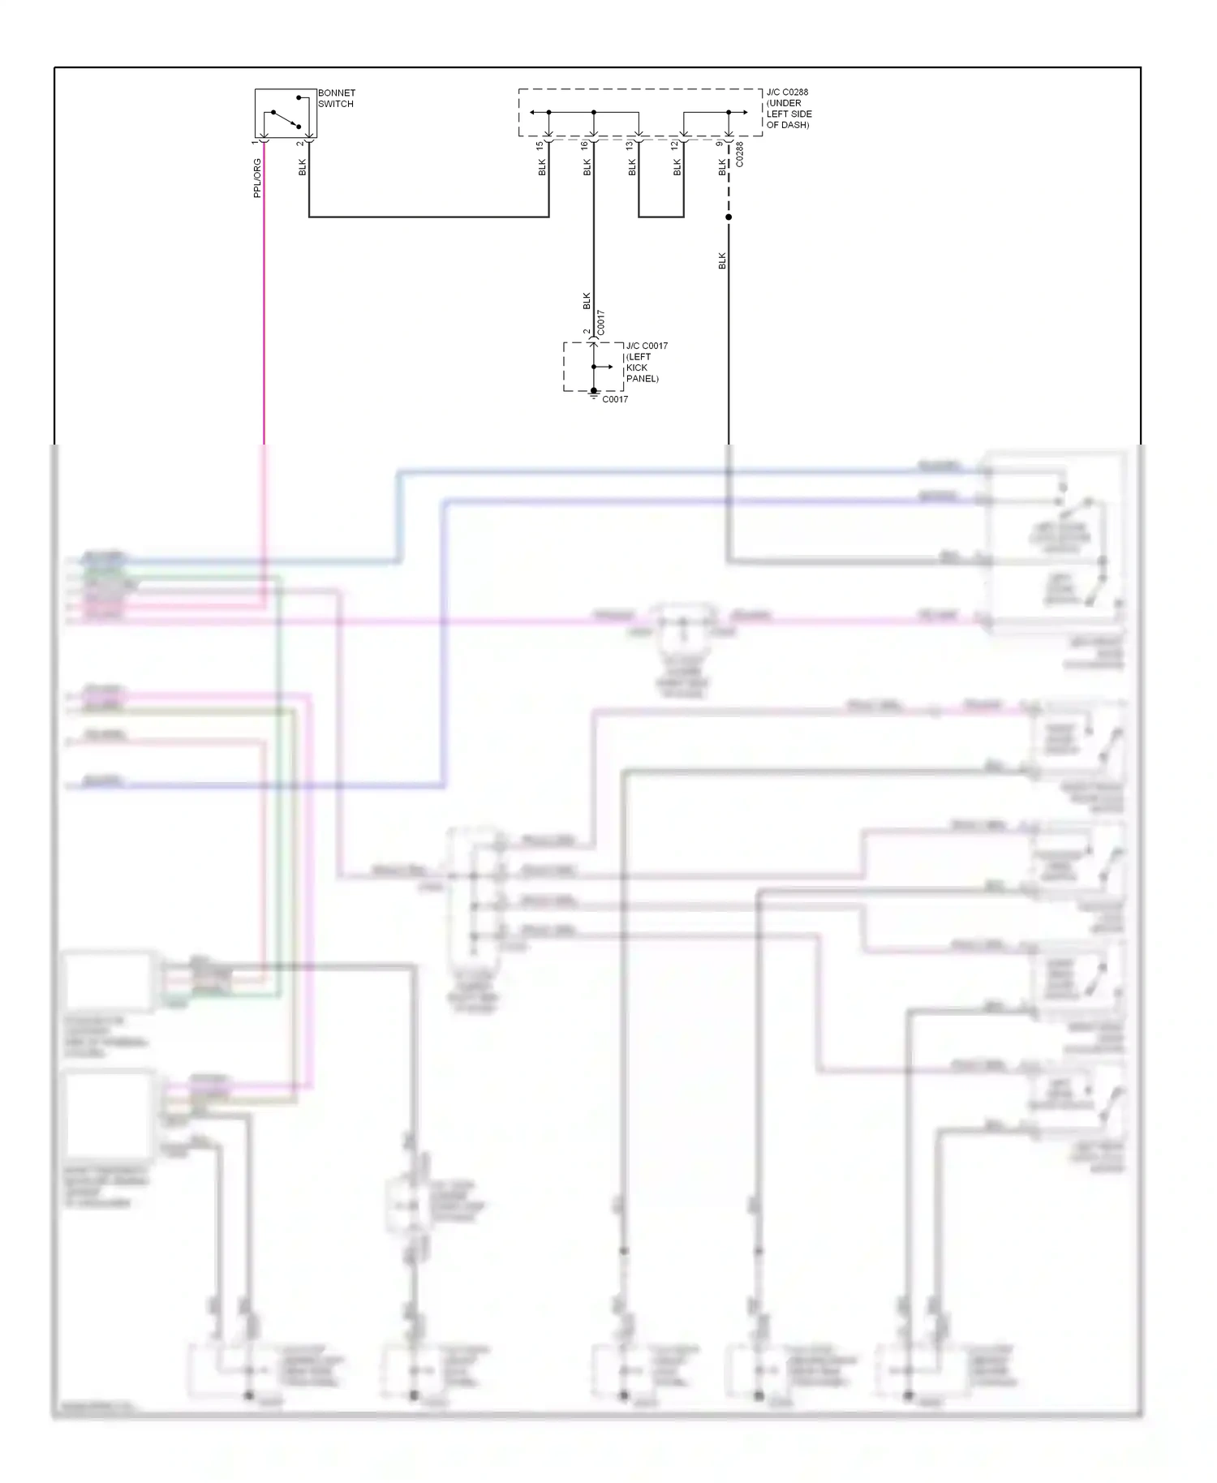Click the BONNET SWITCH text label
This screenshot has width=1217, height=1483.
(x=336, y=98)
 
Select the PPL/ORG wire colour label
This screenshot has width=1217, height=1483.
(x=257, y=178)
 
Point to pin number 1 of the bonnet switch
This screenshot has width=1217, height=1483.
(x=255, y=143)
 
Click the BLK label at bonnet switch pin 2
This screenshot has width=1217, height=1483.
(x=303, y=167)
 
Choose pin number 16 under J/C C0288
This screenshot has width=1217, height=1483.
(x=585, y=145)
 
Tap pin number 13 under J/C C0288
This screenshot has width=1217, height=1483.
(x=630, y=145)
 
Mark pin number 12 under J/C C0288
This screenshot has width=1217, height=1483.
(x=675, y=145)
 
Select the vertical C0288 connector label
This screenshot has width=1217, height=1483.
(x=739, y=155)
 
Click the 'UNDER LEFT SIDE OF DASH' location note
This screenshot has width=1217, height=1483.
(x=789, y=114)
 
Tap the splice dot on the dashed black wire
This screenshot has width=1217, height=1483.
(x=729, y=217)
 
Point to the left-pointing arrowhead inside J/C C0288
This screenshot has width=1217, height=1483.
(x=532, y=112)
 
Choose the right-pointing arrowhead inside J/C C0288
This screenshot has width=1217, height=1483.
(x=744, y=112)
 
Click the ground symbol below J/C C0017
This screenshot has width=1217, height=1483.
(x=594, y=395)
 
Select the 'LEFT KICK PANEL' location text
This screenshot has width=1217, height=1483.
(x=641, y=368)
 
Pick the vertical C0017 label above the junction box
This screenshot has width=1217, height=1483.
(x=601, y=322)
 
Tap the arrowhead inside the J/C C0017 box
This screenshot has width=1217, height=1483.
(x=610, y=367)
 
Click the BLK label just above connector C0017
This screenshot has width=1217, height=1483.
(x=587, y=301)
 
